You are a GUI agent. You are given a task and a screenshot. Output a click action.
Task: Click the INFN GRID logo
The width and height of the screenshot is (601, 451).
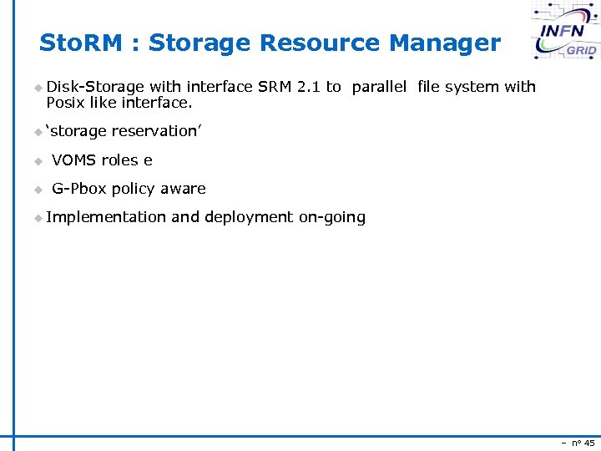(x=567, y=32)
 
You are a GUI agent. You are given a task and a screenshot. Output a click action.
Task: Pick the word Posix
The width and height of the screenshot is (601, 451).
(x=64, y=103)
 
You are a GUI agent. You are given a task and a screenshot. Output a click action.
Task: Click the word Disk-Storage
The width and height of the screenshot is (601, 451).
(x=95, y=87)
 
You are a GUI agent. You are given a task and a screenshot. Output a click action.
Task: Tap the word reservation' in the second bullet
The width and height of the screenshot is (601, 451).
(x=157, y=131)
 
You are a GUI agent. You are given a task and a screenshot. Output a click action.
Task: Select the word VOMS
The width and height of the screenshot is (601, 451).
(x=74, y=160)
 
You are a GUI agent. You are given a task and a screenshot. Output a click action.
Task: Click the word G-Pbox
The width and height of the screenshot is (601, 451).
(x=79, y=189)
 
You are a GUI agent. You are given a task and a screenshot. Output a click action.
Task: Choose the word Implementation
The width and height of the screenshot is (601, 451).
(x=106, y=217)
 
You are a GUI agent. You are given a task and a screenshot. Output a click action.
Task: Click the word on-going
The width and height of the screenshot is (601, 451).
(x=332, y=217)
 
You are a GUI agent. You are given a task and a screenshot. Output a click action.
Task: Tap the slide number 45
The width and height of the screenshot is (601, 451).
(x=588, y=443)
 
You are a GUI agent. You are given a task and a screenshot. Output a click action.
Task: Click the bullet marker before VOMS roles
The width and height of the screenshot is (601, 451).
(x=37, y=161)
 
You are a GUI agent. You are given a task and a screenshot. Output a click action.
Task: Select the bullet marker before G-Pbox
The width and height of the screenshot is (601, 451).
(x=37, y=190)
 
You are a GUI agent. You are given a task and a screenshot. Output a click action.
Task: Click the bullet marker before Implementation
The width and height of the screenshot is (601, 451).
(x=37, y=218)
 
